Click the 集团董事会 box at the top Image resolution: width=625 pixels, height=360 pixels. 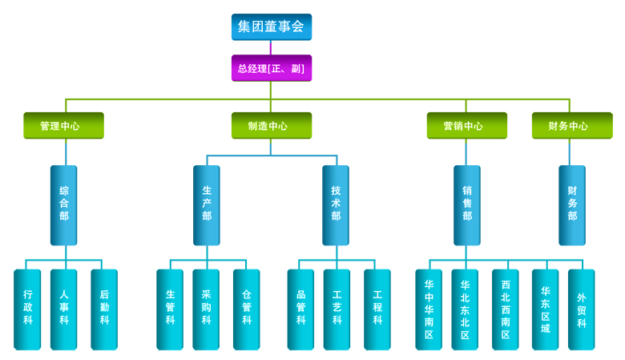(272, 26)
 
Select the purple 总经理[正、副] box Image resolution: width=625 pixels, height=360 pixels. (272, 68)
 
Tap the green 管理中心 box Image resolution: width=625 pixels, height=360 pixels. (63, 126)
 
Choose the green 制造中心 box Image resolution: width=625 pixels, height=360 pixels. (272, 126)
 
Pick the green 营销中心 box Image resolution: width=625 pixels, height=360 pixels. (467, 126)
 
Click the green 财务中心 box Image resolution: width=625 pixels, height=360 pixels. (572, 126)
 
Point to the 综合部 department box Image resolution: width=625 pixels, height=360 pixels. (64, 204)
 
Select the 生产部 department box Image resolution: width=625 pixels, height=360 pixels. (207, 204)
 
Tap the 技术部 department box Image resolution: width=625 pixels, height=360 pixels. (336, 204)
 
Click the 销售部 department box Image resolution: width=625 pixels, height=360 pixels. (467, 204)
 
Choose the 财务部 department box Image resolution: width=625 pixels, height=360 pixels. (572, 204)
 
